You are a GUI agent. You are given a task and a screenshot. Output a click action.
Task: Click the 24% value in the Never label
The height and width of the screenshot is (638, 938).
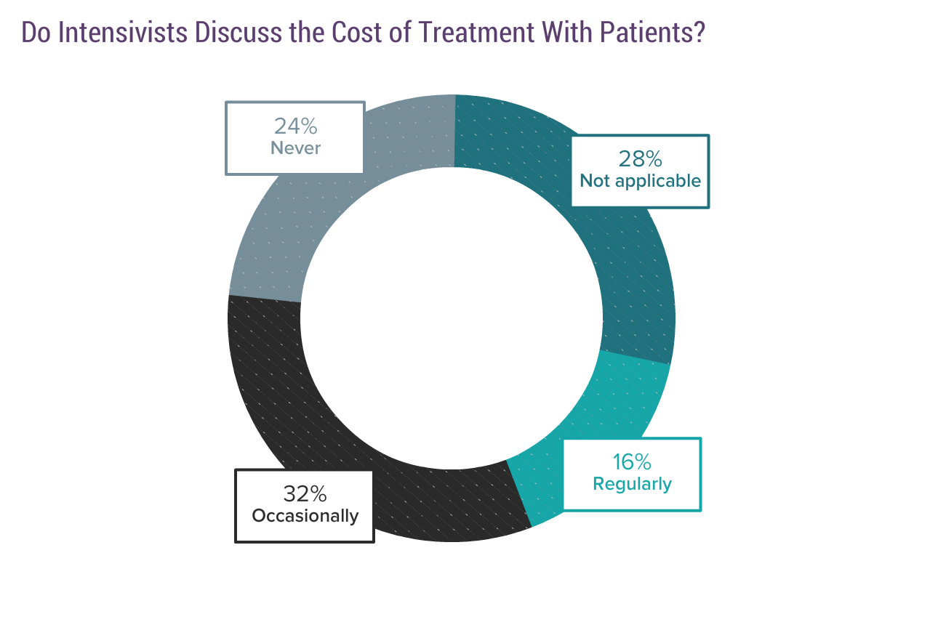295,126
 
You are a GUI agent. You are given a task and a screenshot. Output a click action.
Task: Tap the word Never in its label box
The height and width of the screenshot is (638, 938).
295,148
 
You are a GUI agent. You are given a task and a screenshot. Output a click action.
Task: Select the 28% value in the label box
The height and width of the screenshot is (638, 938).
640,158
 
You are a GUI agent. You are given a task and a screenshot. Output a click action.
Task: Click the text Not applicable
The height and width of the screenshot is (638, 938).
640,181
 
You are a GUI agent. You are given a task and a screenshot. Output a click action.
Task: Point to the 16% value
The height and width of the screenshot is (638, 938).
632,462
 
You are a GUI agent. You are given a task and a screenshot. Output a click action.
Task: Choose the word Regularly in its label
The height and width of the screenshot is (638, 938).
632,484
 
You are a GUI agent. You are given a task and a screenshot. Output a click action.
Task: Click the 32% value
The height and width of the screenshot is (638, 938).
305,494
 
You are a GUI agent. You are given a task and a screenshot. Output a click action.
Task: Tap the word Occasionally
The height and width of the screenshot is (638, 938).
305,516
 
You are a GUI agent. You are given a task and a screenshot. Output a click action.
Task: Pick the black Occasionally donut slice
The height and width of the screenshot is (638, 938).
291,407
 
